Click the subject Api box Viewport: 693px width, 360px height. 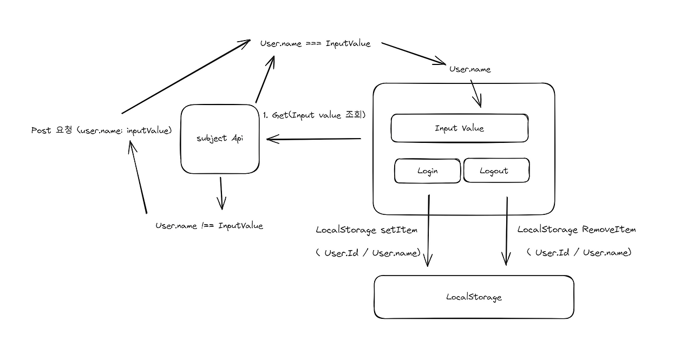pyautogui.click(x=219, y=139)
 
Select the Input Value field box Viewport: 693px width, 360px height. pyautogui.click(x=459, y=128)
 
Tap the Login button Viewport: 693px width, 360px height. pyautogui.click(x=427, y=171)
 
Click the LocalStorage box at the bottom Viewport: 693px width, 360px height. pyautogui.click(x=474, y=297)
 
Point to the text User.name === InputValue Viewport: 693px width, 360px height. pyautogui.click(x=315, y=44)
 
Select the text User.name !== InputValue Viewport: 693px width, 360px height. pyautogui.click(x=209, y=226)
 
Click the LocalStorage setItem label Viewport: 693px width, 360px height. pyautogui.click(x=367, y=230)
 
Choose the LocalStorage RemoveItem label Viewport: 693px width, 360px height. pyautogui.click(x=576, y=230)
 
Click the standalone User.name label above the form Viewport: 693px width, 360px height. pyautogui.click(x=470, y=69)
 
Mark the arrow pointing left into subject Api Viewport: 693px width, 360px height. pyautogui.click(x=314, y=140)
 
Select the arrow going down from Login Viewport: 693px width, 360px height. pyautogui.click(x=428, y=230)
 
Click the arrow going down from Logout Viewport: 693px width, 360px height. pyautogui.click(x=507, y=230)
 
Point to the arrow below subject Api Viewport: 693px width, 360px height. pyautogui.click(x=221, y=193)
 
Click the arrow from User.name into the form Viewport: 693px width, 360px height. pyautogui.click(x=475, y=93)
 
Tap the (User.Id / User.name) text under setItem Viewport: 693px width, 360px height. pyautogui.click(x=368, y=253)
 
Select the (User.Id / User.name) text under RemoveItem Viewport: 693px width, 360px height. pyautogui.click(x=578, y=252)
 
